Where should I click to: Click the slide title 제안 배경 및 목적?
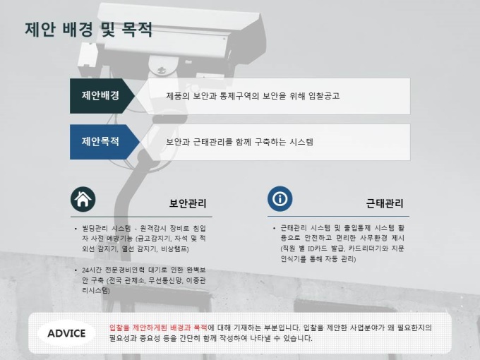tap(88, 30)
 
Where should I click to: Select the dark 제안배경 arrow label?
tap(102, 96)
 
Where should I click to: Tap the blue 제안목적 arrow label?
tap(104, 142)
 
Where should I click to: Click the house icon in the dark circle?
tap(83, 199)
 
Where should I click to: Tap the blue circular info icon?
tap(280, 198)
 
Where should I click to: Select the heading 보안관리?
tap(188, 203)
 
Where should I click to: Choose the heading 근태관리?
tap(385, 203)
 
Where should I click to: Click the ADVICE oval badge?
tap(66, 333)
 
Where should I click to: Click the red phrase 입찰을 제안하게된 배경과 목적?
tap(159, 328)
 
